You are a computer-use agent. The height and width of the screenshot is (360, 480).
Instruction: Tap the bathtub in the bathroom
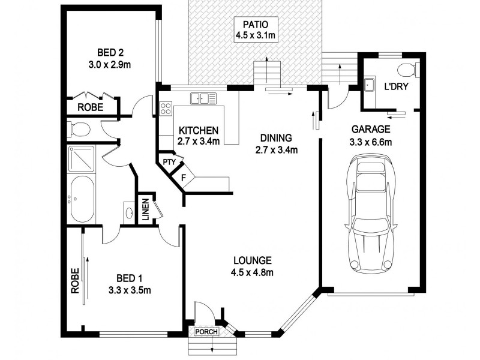click(80, 199)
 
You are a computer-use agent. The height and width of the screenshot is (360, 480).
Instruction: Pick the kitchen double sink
click(204, 98)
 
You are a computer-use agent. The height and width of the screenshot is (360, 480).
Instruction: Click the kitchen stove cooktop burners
click(166, 109)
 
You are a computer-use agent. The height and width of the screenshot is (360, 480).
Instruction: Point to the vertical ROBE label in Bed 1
click(75, 280)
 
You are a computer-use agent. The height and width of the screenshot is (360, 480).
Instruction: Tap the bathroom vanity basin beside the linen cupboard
click(130, 211)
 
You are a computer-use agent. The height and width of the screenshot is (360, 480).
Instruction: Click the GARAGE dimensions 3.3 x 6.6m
click(371, 142)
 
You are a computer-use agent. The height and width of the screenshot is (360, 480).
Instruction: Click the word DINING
click(276, 136)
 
